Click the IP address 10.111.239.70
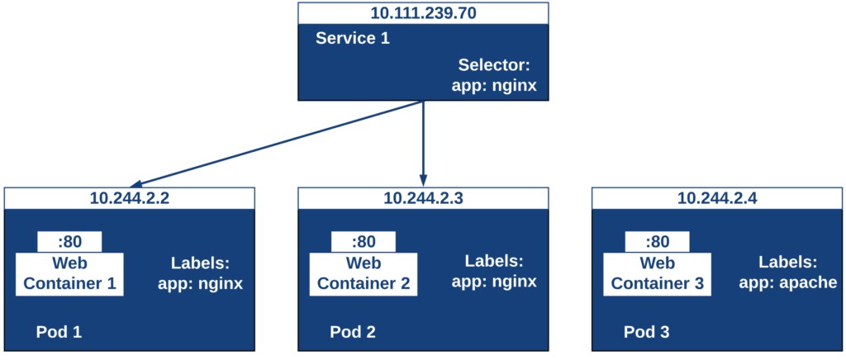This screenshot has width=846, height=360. (423, 12)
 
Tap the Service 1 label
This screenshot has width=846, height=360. (353, 39)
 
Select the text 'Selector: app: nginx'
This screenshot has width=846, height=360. (493, 75)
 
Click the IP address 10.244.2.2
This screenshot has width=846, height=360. (129, 198)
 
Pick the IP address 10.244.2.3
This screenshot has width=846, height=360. (423, 198)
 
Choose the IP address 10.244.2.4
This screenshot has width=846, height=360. (717, 198)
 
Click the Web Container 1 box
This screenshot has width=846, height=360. (69, 274)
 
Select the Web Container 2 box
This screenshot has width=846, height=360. (364, 274)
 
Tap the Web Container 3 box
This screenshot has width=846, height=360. (658, 274)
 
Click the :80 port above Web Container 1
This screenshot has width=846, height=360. (69, 242)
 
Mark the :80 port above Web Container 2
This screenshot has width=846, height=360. (364, 242)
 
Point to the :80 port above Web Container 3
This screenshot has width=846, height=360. (658, 242)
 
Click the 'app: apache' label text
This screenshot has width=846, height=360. (787, 282)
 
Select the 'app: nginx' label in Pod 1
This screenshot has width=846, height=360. (200, 283)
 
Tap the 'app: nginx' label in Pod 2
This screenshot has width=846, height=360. (494, 282)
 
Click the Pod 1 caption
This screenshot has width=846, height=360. (59, 332)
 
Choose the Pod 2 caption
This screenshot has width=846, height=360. (353, 332)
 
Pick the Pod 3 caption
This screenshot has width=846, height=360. (647, 332)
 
